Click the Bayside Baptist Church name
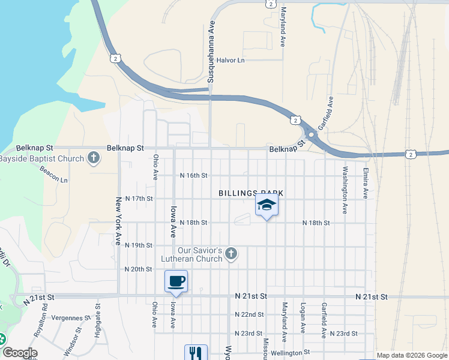click(x=41, y=159)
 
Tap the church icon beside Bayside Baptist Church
click(x=93, y=158)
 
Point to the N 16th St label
click(x=194, y=176)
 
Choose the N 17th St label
click(x=139, y=199)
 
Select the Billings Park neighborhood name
click(x=250, y=193)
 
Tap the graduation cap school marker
click(x=267, y=206)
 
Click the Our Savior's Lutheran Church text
click(x=200, y=254)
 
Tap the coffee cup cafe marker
click(x=176, y=281)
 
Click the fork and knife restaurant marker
click(x=196, y=353)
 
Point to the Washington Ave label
click(x=345, y=191)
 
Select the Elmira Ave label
click(x=365, y=183)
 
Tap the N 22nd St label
click(x=249, y=315)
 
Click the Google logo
click(x=19, y=353)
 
